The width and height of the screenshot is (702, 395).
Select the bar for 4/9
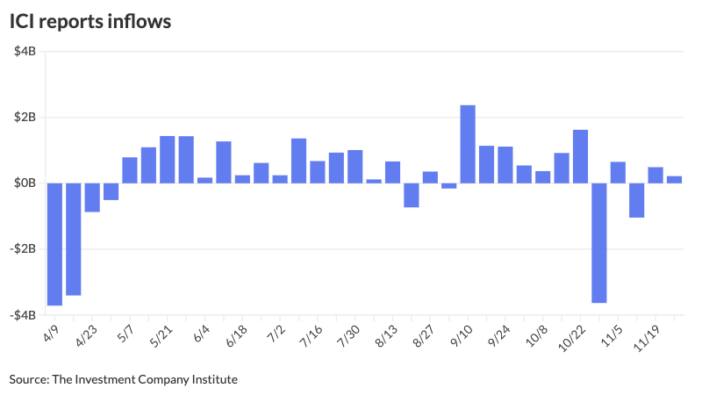pos(54,243)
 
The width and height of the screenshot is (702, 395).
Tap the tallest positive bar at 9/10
pos(468,144)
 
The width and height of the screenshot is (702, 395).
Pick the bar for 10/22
pos(580,156)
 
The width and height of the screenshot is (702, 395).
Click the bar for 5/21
pos(168,160)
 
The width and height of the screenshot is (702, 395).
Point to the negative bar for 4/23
pos(92,197)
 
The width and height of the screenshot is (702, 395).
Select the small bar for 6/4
pos(204,180)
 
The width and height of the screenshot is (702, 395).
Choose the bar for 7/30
pos(355,167)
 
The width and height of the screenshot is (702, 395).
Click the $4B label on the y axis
pos(25,51)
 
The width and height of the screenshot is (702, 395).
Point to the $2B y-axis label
pos(25,117)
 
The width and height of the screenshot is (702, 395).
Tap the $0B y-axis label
pos(25,183)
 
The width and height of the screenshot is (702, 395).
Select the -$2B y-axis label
pos(23,248)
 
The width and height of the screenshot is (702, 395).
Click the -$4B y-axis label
pos(23,314)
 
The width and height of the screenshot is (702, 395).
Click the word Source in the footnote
pos(29,379)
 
